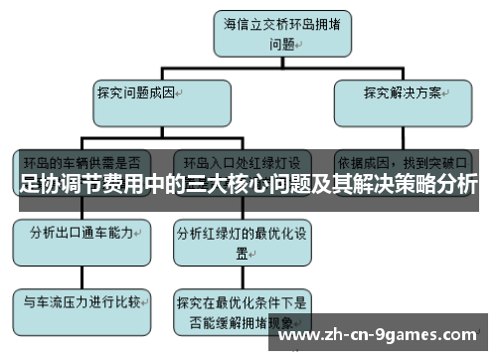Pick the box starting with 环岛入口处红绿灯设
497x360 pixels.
click(243, 160)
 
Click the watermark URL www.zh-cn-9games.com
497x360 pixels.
click(382, 336)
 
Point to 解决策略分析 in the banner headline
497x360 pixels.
click(418, 185)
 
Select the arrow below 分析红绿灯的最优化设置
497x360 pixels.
click(242, 273)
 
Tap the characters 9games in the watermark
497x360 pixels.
click(399, 336)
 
